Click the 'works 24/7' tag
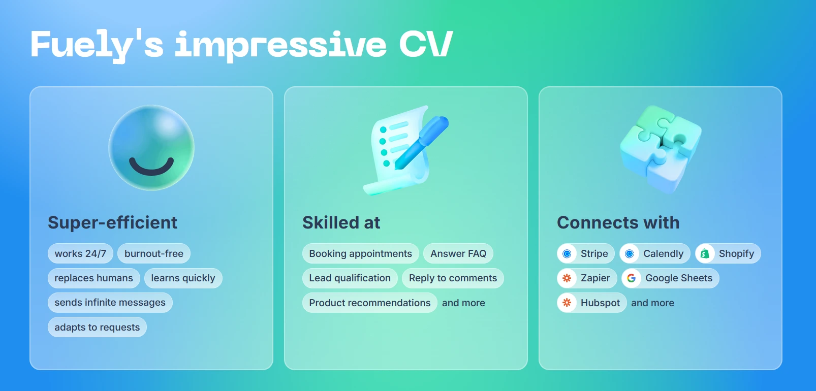(80, 253)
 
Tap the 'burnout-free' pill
(153, 253)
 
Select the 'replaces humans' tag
(93, 278)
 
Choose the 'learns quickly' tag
(183, 278)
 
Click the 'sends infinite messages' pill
(110, 303)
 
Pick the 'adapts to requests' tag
(97, 328)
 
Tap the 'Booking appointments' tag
(360, 253)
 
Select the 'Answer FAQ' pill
(458, 253)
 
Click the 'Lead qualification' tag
(350, 278)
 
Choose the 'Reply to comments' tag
(453, 278)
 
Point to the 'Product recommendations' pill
(369, 303)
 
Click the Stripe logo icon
(567, 253)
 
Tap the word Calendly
(663, 253)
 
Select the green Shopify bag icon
(705, 253)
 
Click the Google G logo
(631, 278)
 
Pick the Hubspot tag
(591, 303)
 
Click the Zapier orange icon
(567, 278)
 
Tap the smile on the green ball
(151, 167)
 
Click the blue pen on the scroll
(421, 142)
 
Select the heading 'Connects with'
(618, 222)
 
